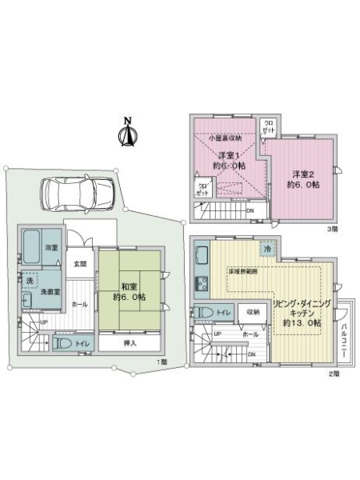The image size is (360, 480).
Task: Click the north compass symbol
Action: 126,134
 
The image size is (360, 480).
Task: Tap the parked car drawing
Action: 78,194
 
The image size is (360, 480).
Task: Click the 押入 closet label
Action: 130,343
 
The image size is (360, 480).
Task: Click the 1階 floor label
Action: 162,362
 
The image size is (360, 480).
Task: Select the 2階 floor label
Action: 332,374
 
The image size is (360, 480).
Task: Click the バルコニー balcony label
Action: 342,335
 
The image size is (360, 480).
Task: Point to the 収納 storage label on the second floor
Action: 252,312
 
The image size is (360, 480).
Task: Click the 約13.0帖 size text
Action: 302,323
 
